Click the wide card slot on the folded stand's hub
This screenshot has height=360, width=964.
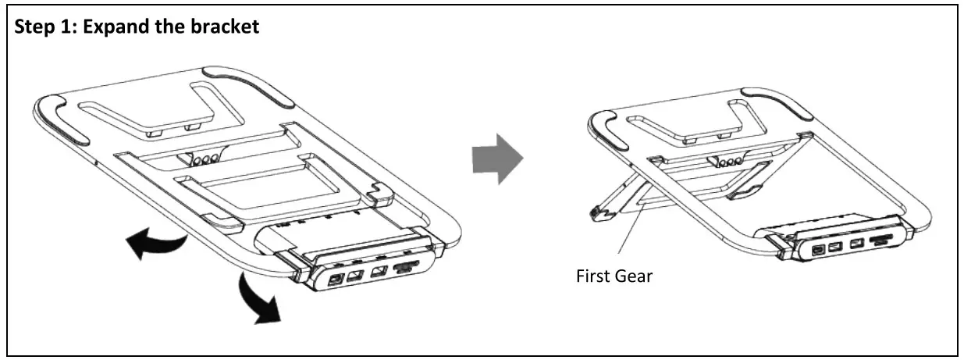pyautogui.click(x=405, y=269)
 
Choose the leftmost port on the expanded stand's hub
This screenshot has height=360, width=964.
pyautogui.click(x=817, y=251)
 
